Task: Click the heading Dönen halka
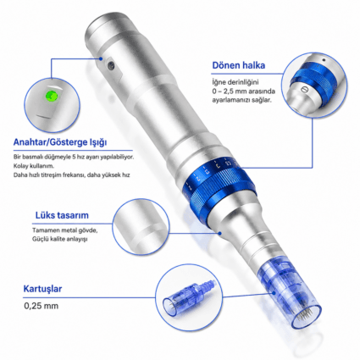tap(239, 65)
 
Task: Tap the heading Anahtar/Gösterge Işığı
tap(60, 142)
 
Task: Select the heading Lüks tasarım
tap(62, 215)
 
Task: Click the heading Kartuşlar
tap(42, 289)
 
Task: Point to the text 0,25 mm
tap(42, 306)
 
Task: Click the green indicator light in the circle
tap(53, 96)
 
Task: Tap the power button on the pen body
tap(111, 65)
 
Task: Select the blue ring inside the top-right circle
tap(313, 75)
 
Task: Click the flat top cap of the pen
tap(106, 23)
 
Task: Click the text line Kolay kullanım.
tap(34, 166)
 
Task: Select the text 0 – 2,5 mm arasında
tap(244, 91)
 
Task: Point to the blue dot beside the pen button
tap(101, 58)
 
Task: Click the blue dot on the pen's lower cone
tap(220, 233)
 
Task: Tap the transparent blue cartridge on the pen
tap(290, 294)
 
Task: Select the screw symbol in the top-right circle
tap(303, 88)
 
